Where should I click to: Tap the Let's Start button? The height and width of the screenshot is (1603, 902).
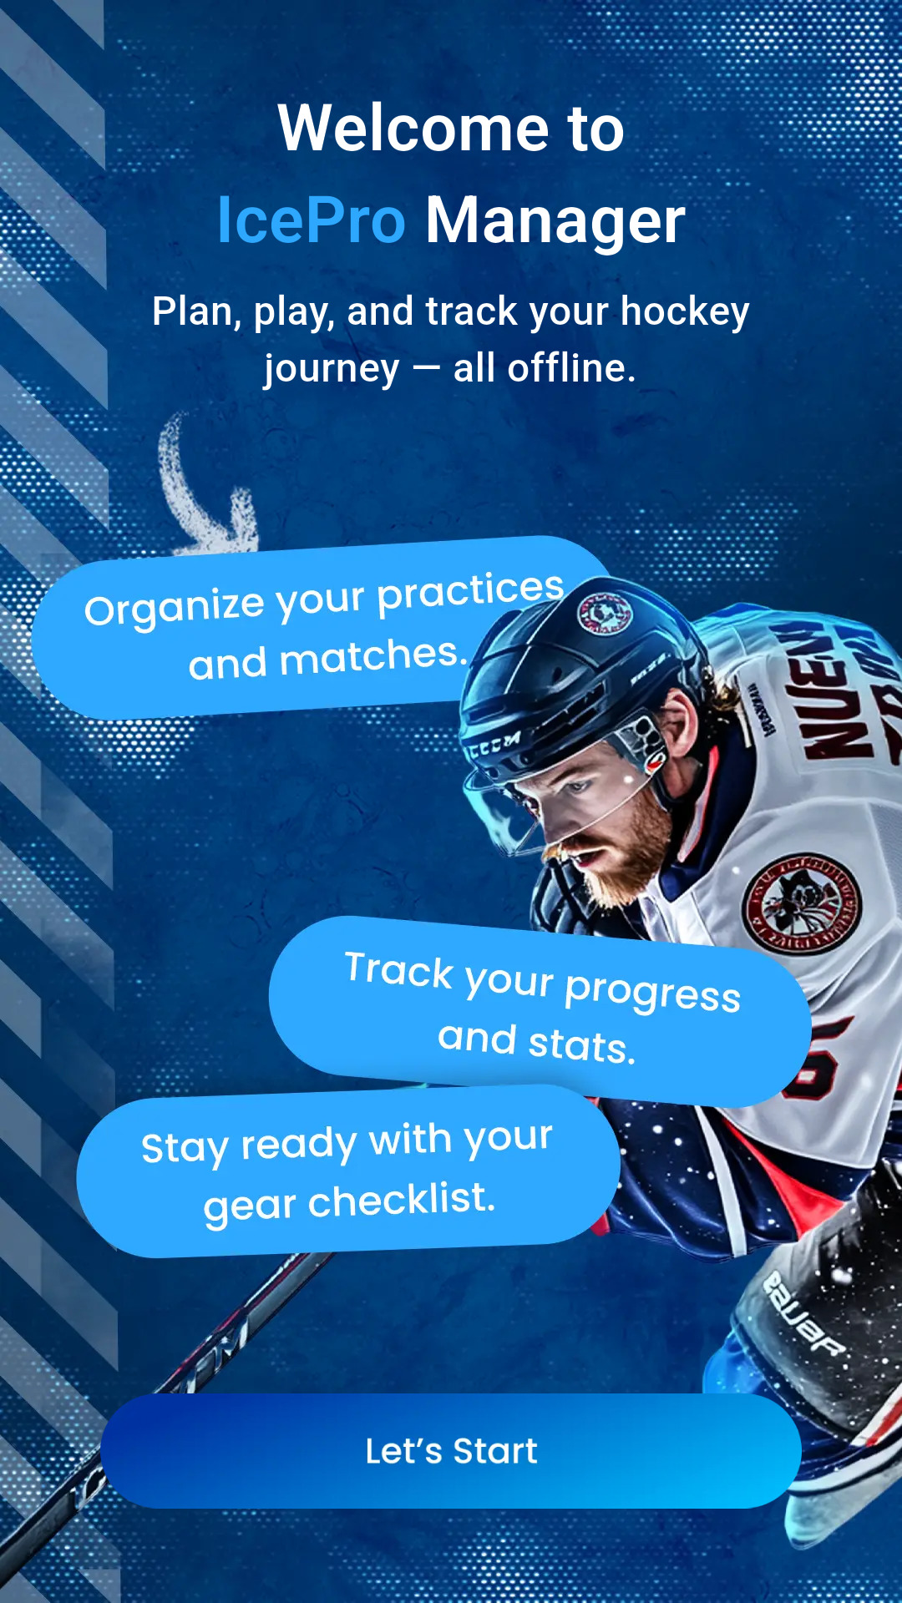(451, 1451)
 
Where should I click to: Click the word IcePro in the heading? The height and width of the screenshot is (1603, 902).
(311, 220)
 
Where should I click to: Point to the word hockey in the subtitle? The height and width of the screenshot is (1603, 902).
(685, 312)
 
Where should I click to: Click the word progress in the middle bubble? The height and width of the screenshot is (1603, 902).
(652, 994)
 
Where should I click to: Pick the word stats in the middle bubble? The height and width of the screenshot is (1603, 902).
(581, 1045)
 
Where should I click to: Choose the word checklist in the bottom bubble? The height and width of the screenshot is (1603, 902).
(402, 1201)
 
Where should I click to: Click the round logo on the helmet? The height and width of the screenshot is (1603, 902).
(605, 614)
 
